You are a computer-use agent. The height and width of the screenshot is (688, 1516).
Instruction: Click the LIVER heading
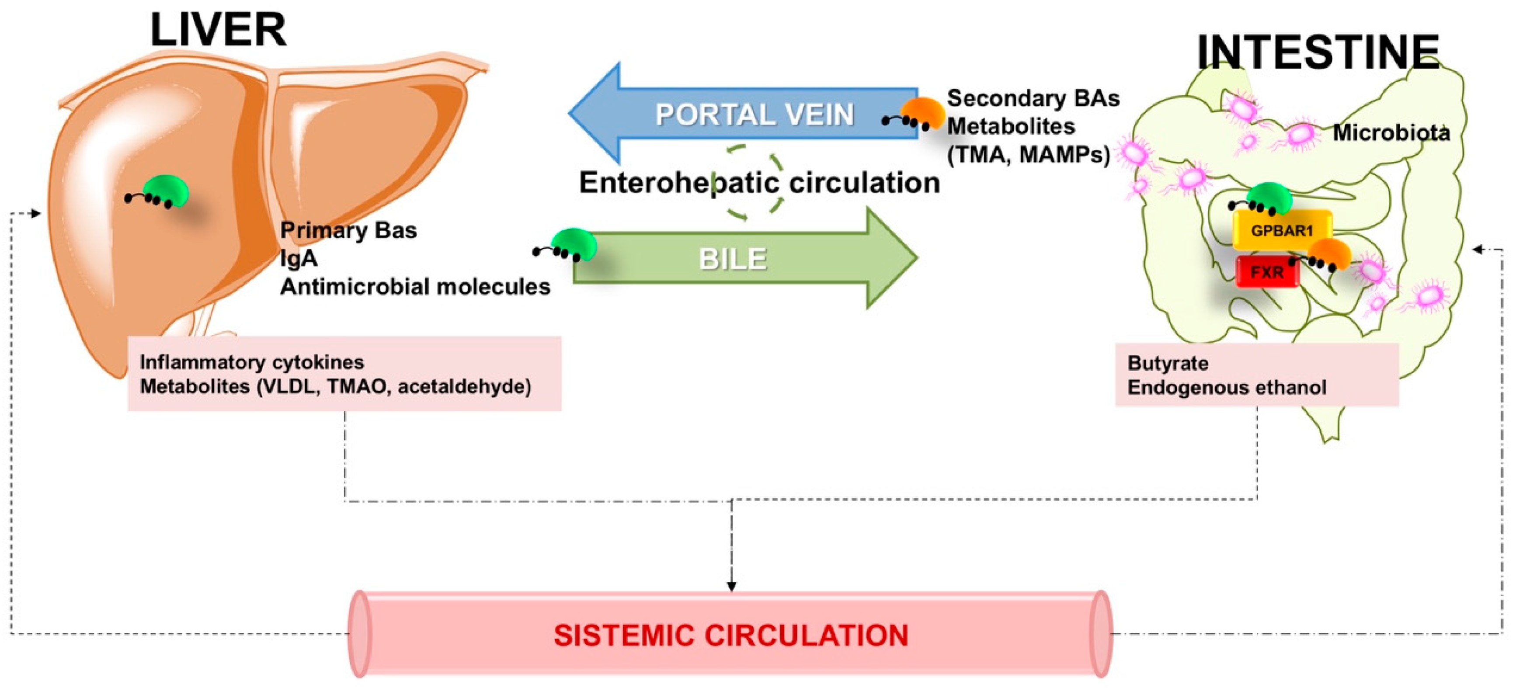[218, 31]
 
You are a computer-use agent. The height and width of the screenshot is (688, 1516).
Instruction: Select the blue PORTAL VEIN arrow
[753, 114]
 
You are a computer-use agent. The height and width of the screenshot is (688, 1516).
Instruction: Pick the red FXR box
[1266, 272]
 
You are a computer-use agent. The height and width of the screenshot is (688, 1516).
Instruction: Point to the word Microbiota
[1391, 133]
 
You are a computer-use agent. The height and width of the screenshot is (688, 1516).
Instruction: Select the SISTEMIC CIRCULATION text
[730, 636]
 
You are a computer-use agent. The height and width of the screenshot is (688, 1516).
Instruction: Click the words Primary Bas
[348, 230]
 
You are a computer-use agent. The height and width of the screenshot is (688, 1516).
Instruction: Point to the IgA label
[299, 258]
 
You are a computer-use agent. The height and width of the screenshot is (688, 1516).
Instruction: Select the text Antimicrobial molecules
[415, 287]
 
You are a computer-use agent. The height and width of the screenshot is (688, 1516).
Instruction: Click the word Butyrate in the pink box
[1168, 363]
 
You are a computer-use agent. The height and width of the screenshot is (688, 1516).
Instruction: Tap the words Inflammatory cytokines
[252, 362]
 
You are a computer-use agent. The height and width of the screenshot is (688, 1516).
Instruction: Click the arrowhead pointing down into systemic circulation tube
[731, 586]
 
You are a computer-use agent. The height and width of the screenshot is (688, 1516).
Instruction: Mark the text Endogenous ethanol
[1227, 387]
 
